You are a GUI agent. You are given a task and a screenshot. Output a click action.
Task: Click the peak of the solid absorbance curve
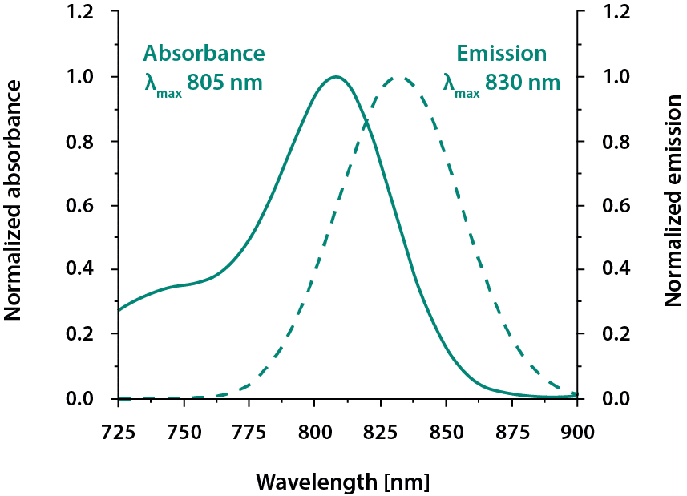click(335, 76)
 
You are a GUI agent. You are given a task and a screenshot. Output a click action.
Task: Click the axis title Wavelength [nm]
click(342, 482)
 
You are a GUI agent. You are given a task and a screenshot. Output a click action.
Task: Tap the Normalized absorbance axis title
click(14, 205)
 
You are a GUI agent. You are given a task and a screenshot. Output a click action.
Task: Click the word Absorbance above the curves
click(204, 54)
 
